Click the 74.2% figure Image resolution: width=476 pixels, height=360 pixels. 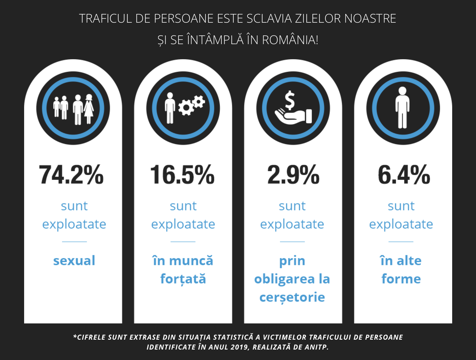coord(71,175)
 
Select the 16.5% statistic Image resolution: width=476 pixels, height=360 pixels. coord(182,175)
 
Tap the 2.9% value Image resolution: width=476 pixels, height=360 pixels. coord(293,175)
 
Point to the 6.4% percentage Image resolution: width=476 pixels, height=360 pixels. coord(404,175)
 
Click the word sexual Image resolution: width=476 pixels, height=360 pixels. coord(74,261)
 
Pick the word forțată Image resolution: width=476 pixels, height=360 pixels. coord(183,279)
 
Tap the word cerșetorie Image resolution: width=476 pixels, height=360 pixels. coord(292,297)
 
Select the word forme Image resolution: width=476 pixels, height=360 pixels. coord(401,279)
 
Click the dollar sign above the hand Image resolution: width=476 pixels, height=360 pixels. coord(289,100)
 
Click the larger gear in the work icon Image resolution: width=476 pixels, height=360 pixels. coord(186,108)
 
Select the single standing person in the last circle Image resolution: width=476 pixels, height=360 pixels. coord(402,108)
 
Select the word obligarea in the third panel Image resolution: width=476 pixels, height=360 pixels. coord(284,279)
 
